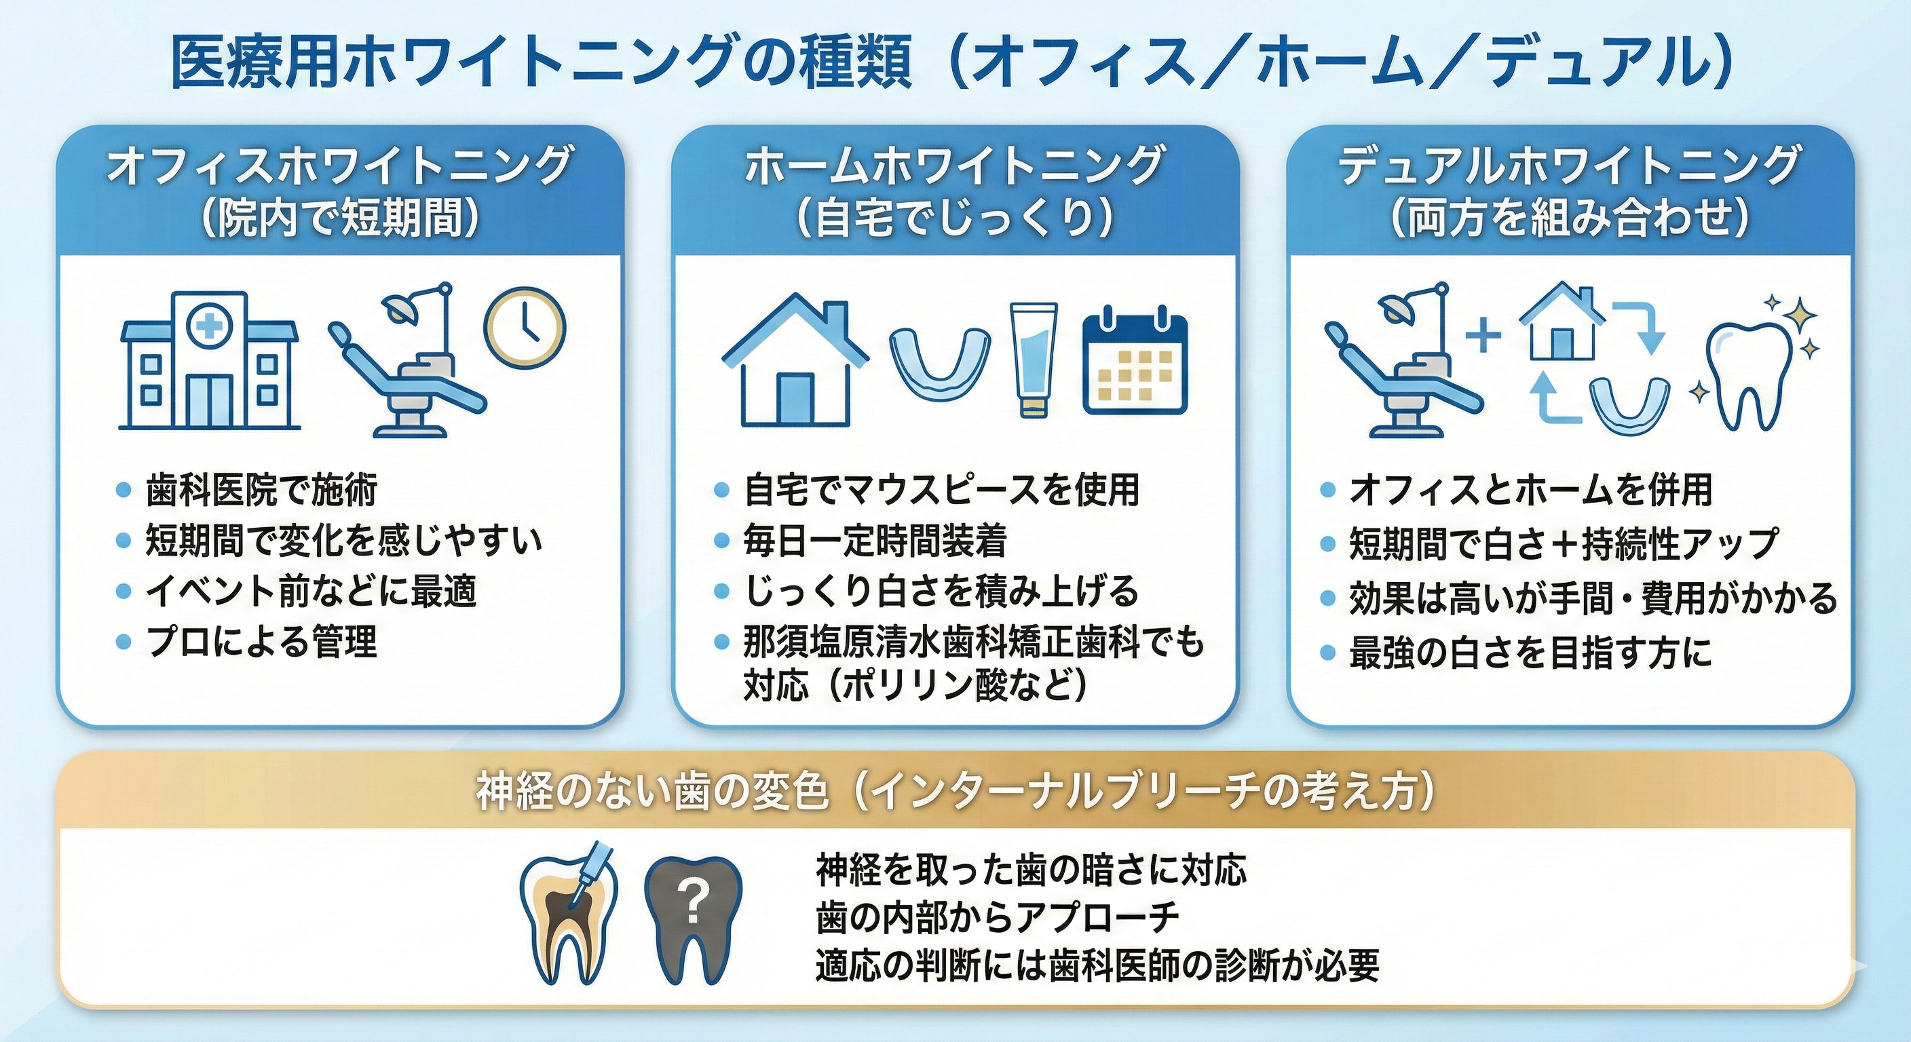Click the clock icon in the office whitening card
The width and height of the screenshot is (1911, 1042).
coord(525,328)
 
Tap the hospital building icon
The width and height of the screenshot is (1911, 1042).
coord(210,360)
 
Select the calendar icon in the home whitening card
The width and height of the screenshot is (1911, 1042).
coord(1135,360)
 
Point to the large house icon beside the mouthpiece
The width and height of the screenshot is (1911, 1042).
coord(795,359)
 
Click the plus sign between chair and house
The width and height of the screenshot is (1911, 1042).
coord(1483,336)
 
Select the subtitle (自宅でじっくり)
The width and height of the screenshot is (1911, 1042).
coord(955,218)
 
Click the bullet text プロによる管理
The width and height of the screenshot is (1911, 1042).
coord(261,642)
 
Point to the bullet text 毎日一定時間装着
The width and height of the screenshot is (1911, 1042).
coord(875,541)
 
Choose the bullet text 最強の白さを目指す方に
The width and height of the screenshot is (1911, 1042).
coord(1530,653)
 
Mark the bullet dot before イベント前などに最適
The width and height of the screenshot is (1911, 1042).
coord(124,592)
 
